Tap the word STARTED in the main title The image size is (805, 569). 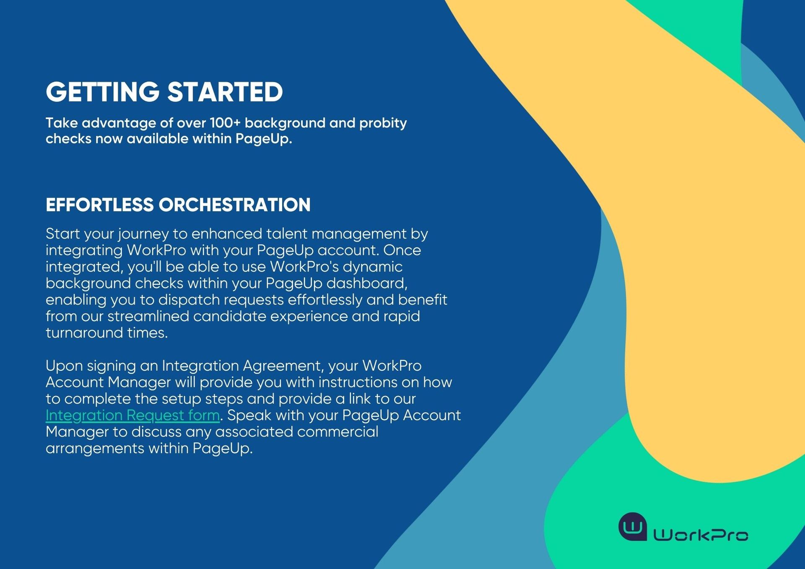[225, 92]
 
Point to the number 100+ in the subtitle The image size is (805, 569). [225, 123]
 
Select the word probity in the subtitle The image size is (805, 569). [383, 124]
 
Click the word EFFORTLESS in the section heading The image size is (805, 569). [100, 205]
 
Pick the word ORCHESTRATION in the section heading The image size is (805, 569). [234, 205]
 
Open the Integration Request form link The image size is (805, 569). [132, 416]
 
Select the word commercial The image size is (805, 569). [337, 432]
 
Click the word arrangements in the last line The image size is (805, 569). [95, 449]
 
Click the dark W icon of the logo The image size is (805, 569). [633, 527]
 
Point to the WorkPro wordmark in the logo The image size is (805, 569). [701, 535]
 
